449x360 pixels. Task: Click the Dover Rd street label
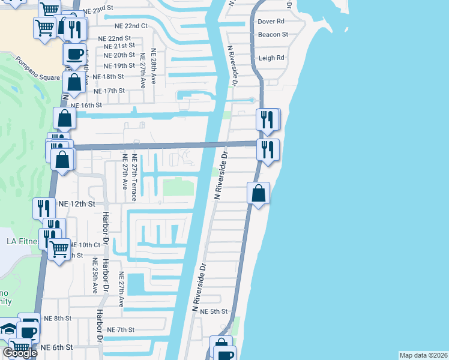[271, 21]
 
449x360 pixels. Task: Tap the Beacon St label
[273, 34]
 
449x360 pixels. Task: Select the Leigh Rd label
[271, 58]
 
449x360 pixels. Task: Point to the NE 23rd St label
[98, 11]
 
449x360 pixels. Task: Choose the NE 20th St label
[119, 55]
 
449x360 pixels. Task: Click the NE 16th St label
[87, 105]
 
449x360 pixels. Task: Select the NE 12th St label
[77, 204]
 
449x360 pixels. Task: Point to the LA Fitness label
[22, 242]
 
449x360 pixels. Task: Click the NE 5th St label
[214, 311]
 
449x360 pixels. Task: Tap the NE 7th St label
[121, 329]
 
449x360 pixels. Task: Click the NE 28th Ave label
[154, 66]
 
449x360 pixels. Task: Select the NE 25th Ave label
[94, 275]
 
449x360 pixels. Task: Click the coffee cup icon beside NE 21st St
[74, 54]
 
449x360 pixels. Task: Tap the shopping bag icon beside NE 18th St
[74, 82]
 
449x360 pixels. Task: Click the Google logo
[20, 353]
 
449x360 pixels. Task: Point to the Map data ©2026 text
[423, 355]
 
